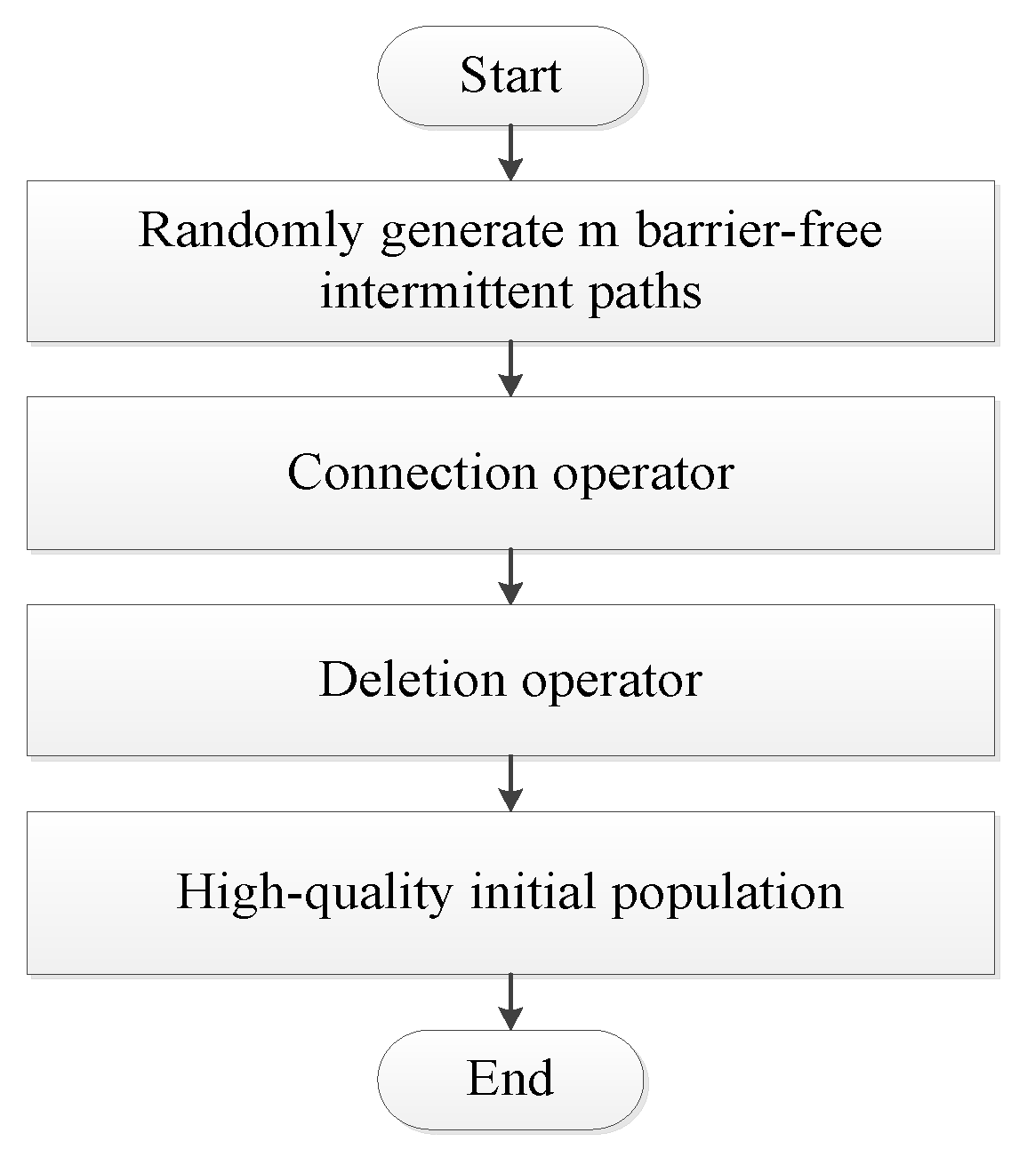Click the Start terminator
pos(510,75)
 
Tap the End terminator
pos(510,1078)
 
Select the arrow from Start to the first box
pos(510,153)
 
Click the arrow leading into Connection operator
pos(510,369)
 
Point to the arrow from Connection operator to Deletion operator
pos(510,577)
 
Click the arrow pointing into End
pos(510,1001)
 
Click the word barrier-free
pos(758,231)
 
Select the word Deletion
pos(413,680)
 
